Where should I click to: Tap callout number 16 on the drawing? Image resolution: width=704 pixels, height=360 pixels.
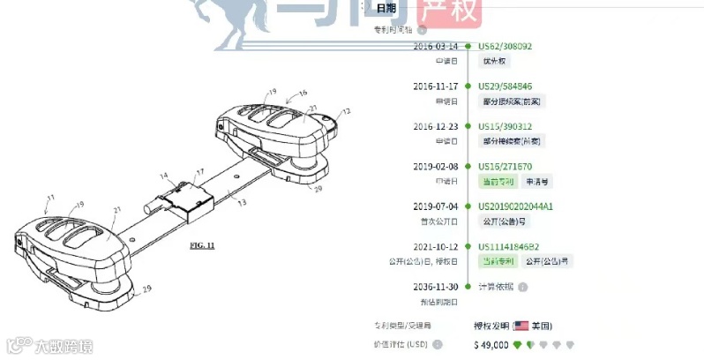[303, 93]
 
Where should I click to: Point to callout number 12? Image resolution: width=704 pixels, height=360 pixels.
[347, 111]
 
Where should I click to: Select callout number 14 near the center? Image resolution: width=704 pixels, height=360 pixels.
[163, 177]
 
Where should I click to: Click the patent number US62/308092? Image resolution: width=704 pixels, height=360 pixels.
[505, 46]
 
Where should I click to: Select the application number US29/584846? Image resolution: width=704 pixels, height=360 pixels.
[506, 86]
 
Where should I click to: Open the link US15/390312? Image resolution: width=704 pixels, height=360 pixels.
[505, 126]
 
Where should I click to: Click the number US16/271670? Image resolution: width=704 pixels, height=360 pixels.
[505, 166]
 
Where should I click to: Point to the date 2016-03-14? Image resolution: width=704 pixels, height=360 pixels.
[436, 46]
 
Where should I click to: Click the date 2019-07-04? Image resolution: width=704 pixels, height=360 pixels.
[436, 206]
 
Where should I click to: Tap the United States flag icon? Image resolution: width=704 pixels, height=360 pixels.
[521, 326]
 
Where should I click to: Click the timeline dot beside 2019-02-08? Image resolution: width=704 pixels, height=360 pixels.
[468, 166]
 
